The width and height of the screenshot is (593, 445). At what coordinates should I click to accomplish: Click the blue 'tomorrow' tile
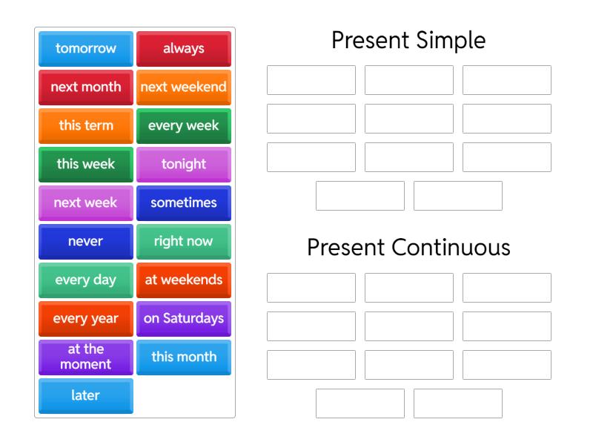[86, 49]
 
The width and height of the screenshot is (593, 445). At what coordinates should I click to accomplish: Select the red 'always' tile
[184, 49]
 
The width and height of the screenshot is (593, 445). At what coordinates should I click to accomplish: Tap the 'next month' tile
[86, 88]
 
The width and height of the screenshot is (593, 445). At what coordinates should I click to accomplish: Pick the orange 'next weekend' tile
[184, 88]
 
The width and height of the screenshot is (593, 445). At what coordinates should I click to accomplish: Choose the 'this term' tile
[86, 126]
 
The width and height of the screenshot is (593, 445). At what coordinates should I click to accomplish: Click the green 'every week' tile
[184, 126]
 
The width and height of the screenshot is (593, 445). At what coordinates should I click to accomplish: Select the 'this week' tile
[86, 165]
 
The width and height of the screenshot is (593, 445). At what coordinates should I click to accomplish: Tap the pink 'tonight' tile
[184, 165]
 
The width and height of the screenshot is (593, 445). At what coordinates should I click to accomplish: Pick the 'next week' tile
[86, 203]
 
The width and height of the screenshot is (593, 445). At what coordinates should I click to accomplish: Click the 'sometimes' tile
[184, 203]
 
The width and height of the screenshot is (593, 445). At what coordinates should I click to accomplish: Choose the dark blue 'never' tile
[86, 242]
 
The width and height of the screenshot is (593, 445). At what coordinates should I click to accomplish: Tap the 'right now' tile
[184, 242]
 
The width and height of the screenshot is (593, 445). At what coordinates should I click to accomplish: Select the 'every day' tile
[86, 280]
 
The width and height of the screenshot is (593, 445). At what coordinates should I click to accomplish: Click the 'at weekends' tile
[184, 280]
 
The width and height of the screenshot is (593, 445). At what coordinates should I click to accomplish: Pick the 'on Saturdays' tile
[184, 319]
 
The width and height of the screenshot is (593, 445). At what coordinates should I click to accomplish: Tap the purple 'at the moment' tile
[86, 357]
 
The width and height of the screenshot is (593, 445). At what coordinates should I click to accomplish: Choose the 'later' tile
[86, 396]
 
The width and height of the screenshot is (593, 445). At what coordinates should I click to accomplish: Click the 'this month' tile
[184, 357]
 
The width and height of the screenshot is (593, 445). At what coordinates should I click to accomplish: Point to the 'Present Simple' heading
[408, 40]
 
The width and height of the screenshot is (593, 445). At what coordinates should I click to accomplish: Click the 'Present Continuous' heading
[408, 247]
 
